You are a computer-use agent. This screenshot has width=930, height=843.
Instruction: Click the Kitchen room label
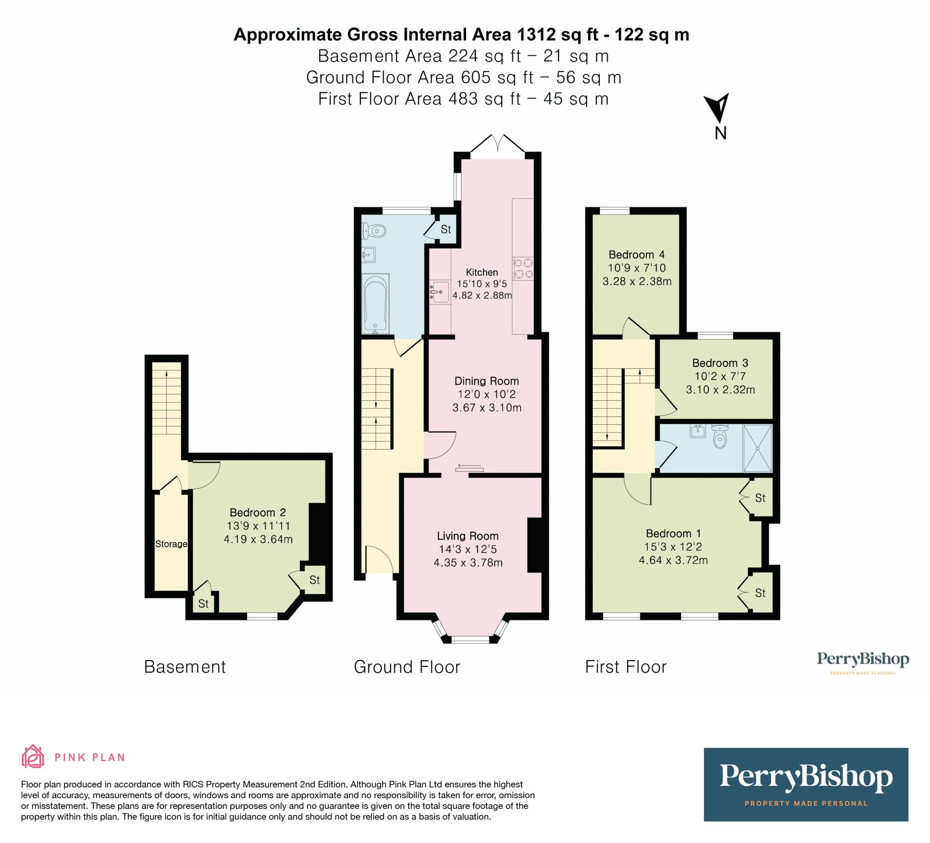481,272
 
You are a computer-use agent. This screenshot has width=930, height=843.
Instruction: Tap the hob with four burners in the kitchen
523,268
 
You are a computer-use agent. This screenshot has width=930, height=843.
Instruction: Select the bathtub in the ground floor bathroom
374,304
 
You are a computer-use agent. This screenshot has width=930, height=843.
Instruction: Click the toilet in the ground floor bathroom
374,231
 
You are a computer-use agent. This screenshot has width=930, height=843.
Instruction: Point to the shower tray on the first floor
757,448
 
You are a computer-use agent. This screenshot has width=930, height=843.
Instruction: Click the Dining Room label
487,381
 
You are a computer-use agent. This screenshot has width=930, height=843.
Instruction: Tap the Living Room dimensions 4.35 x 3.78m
468,562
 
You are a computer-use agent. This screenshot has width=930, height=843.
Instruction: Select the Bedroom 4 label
636,254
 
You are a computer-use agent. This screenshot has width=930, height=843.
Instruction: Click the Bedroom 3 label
720,363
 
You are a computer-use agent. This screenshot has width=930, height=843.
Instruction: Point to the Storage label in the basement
171,544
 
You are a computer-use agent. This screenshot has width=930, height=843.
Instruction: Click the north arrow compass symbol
718,109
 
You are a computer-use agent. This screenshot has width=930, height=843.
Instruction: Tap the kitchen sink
439,289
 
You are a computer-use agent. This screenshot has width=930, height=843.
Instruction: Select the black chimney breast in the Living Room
535,545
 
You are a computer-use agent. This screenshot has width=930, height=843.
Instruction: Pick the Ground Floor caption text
407,666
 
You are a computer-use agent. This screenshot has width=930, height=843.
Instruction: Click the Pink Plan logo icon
33,756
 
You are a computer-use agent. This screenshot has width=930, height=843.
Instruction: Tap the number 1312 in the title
536,34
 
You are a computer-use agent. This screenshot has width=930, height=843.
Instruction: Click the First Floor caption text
625,666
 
